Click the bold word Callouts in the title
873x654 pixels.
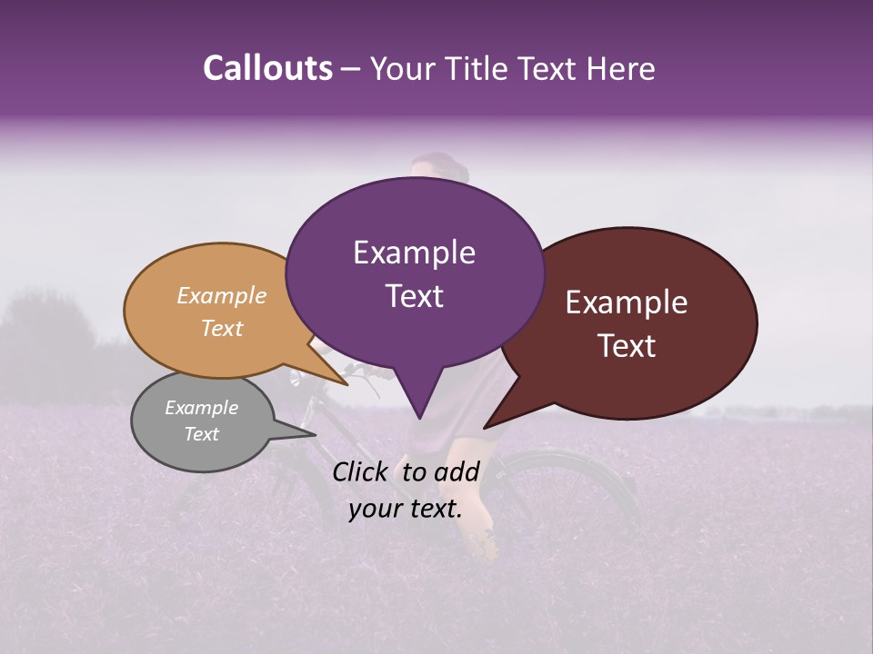pyautogui.click(x=267, y=68)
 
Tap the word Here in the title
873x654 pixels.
pyautogui.click(x=621, y=69)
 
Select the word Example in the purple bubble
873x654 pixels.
pyautogui.click(x=414, y=253)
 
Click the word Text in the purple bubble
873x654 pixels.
pyautogui.click(x=414, y=295)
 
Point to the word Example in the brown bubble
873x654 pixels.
pyautogui.click(x=627, y=302)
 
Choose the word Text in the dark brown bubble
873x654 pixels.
pyautogui.click(x=627, y=346)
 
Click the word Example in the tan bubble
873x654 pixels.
pyautogui.click(x=221, y=295)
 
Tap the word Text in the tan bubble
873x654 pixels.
pyautogui.click(x=221, y=328)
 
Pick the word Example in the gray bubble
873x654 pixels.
pyautogui.click(x=201, y=408)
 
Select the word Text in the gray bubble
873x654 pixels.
pyautogui.click(x=201, y=434)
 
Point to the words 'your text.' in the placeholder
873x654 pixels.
pyautogui.click(x=406, y=509)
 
